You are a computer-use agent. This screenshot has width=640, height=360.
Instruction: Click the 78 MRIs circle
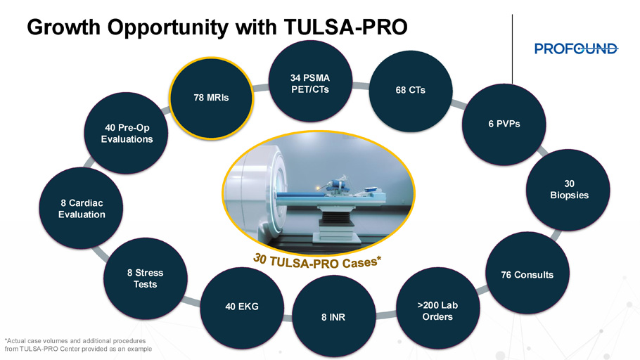pyautogui.click(x=211, y=98)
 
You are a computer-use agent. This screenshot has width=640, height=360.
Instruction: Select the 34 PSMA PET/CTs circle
pyautogui.click(x=310, y=82)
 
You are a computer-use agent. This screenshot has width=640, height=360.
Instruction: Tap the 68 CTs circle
pyautogui.click(x=411, y=91)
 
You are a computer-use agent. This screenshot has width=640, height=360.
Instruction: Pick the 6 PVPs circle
pyautogui.click(x=504, y=124)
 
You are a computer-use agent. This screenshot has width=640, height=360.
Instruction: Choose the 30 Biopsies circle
pyautogui.click(x=568, y=190)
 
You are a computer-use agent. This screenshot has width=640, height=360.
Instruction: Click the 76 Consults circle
pyautogui.click(x=527, y=273)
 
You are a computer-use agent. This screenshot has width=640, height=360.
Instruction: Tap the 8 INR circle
pyautogui.click(x=334, y=317)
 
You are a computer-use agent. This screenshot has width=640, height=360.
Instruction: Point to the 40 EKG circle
pyautogui.click(x=242, y=308)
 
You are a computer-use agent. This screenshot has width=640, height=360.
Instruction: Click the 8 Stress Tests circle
pyautogui.click(x=146, y=278)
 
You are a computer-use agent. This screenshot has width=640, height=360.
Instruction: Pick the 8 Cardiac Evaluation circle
pyautogui.click(x=81, y=208)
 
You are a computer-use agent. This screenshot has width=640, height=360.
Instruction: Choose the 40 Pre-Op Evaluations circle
pyautogui.click(x=126, y=133)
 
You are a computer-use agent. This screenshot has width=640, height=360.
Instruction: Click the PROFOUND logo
pyautogui.click(x=576, y=49)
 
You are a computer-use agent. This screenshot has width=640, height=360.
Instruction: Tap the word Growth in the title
pyautogui.click(x=63, y=27)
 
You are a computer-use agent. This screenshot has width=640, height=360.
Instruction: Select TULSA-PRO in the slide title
pyautogui.click(x=345, y=27)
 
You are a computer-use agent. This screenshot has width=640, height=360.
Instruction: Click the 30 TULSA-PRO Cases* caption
pyautogui.click(x=317, y=262)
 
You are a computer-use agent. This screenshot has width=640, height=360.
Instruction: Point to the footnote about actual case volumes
pyautogui.click(x=78, y=345)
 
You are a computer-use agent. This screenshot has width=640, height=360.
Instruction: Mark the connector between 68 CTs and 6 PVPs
pyautogui.click(x=459, y=103)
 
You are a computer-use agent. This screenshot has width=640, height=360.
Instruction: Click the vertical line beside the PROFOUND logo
pyautogui.click(x=512, y=49)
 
